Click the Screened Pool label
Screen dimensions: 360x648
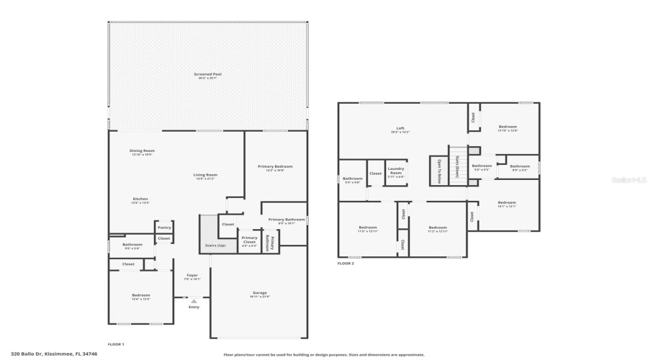(207, 74)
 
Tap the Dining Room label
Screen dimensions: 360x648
(142, 151)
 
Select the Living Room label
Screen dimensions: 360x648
(205, 175)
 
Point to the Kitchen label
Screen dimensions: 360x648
(140, 199)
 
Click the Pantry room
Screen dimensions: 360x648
(164, 227)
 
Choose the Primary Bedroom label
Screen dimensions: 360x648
(274, 167)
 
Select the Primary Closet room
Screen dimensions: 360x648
(249, 240)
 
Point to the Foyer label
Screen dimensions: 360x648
(192, 276)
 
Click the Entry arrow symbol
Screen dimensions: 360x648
(193, 301)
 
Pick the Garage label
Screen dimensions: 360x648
(259, 293)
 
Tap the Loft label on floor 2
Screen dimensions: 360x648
(400, 129)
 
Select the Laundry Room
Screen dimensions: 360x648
(396, 172)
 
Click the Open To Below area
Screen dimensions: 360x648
(438, 171)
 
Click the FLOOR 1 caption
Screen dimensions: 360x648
(116, 344)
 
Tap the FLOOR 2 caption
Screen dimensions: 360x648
(346, 264)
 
